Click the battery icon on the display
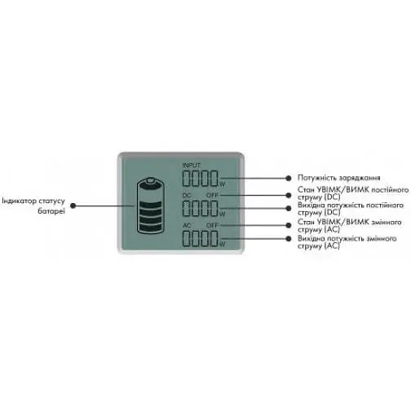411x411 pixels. pyautogui.click(x=151, y=205)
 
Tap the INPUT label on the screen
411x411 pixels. pyautogui.click(x=192, y=166)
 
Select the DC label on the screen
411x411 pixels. pyautogui.click(x=187, y=195)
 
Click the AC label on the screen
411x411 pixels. pyautogui.click(x=187, y=225)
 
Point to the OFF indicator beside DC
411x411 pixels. pyautogui.click(x=212, y=195)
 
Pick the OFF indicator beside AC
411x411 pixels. pyautogui.click(x=212, y=225)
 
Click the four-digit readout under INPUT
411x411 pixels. pyautogui.click(x=201, y=179)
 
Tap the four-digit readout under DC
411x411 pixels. pyautogui.click(x=201, y=208)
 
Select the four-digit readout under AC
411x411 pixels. pyautogui.click(x=201, y=239)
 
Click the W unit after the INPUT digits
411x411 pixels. pyautogui.click(x=223, y=184)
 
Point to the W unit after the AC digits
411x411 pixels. pyautogui.click(x=223, y=245)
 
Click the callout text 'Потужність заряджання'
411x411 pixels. pyautogui.click(x=338, y=178)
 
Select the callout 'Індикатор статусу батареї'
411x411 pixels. pyautogui.click(x=33, y=205)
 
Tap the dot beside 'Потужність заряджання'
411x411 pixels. pyautogui.click(x=289, y=179)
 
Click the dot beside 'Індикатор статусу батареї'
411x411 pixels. pyautogui.click(x=73, y=205)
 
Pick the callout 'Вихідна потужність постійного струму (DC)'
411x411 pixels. pyautogui.click(x=351, y=209)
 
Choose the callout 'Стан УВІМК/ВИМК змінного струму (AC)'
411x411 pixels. pyautogui.click(x=349, y=226)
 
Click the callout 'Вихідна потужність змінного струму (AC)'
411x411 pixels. pyautogui.click(x=347, y=242)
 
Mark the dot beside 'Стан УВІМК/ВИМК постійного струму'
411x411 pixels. pyautogui.click(x=289, y=195)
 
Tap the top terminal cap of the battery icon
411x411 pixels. pyautogui.click(x=150, y=179)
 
